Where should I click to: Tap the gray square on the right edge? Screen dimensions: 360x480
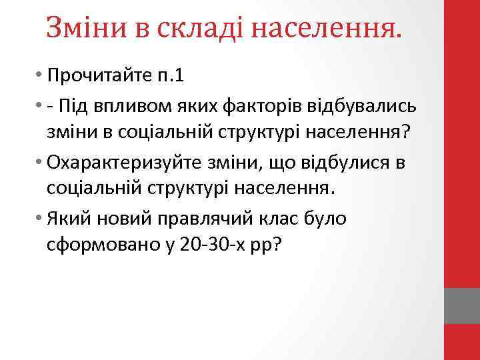coord(462,306)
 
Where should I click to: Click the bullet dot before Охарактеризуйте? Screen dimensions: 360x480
coord(41,163)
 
